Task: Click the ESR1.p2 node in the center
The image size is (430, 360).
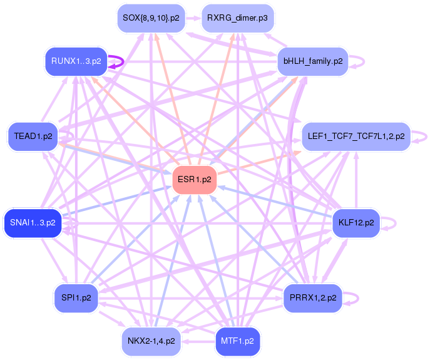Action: [x=195, y=180]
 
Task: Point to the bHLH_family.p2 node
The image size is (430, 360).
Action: [x=313, y=61]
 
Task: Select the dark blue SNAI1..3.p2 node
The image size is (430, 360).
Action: [x=33, y=222]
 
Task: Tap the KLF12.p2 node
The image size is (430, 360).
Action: [x=356, y=222]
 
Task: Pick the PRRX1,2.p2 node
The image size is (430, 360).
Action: [x=313, y=297]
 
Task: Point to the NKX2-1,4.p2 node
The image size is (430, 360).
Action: [x=151, y=341]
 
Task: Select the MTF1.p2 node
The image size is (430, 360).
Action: [x=237, y=341]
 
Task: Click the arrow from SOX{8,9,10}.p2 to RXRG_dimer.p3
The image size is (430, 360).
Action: [x=193, y=18]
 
